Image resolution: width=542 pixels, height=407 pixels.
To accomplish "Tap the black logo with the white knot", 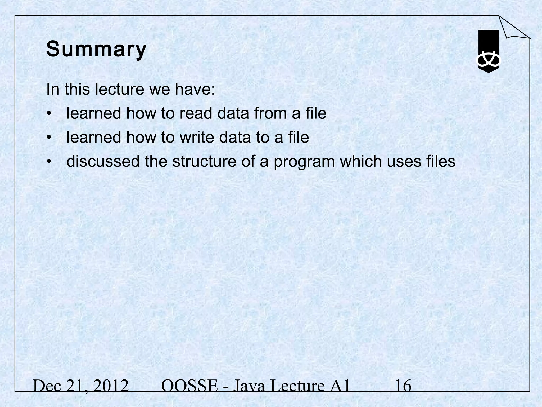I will [488, 51].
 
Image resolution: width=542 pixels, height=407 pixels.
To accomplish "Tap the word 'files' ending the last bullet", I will [441, 161].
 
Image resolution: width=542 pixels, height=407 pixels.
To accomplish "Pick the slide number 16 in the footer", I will [403, 386].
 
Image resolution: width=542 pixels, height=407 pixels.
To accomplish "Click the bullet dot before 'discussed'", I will [49, 162].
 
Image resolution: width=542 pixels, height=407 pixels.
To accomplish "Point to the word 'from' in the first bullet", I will [270, 113].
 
